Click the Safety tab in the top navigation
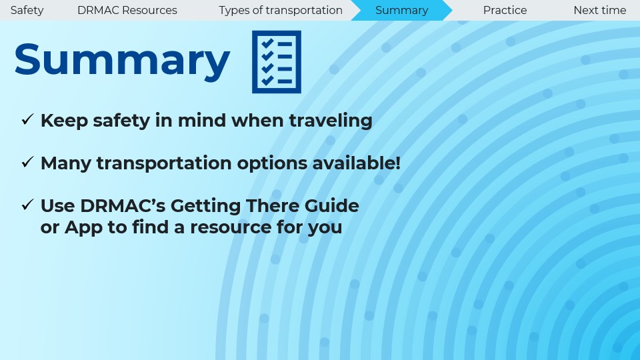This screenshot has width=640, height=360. pos(27,10)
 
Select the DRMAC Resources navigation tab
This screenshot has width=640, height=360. pos(127,10)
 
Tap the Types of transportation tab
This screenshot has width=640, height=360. pos(281,10)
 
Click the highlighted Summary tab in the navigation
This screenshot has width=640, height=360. pos(401,10)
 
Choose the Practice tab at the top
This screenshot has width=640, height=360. pos(505,10)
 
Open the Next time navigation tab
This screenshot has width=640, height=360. pos(599,10)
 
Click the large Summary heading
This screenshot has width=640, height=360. pos(122,61)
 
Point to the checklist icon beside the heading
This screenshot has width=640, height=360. pos(276,61)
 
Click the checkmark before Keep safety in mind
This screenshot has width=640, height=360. pos(27,119)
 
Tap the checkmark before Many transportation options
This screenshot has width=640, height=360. pos(27,162)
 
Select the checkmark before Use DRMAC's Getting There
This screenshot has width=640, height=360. pos(27,205)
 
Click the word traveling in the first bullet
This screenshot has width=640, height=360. pos(331,121)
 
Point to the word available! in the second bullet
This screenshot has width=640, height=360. pos(356,163)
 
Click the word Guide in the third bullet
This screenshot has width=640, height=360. pos(332,206)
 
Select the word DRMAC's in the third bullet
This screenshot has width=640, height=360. pos(123,206)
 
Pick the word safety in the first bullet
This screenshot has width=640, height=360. pos(121,121)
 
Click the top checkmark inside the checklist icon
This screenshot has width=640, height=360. pos(267,43)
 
